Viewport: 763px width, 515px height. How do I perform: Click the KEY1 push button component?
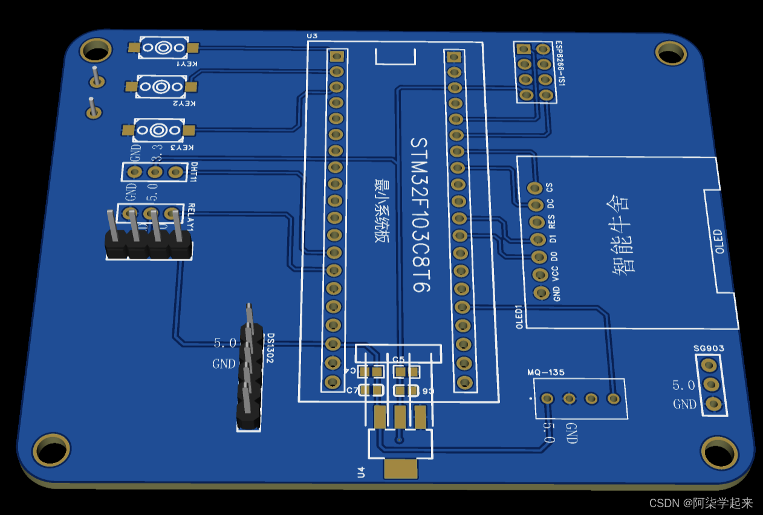163,48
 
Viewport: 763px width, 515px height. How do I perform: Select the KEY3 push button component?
159,130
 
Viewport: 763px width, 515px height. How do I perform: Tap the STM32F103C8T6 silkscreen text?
420,215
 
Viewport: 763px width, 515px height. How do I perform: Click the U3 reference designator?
312,36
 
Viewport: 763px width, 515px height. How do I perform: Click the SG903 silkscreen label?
709,349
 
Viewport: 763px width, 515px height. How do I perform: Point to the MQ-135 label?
545,372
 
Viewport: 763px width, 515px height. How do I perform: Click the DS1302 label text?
270,348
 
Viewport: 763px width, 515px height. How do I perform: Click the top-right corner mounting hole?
671,54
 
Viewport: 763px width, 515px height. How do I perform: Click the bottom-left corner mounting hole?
51,449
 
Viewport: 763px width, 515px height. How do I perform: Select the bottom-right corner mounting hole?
719,452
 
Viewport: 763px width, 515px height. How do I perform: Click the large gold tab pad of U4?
400,469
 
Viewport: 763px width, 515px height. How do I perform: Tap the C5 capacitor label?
398,360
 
